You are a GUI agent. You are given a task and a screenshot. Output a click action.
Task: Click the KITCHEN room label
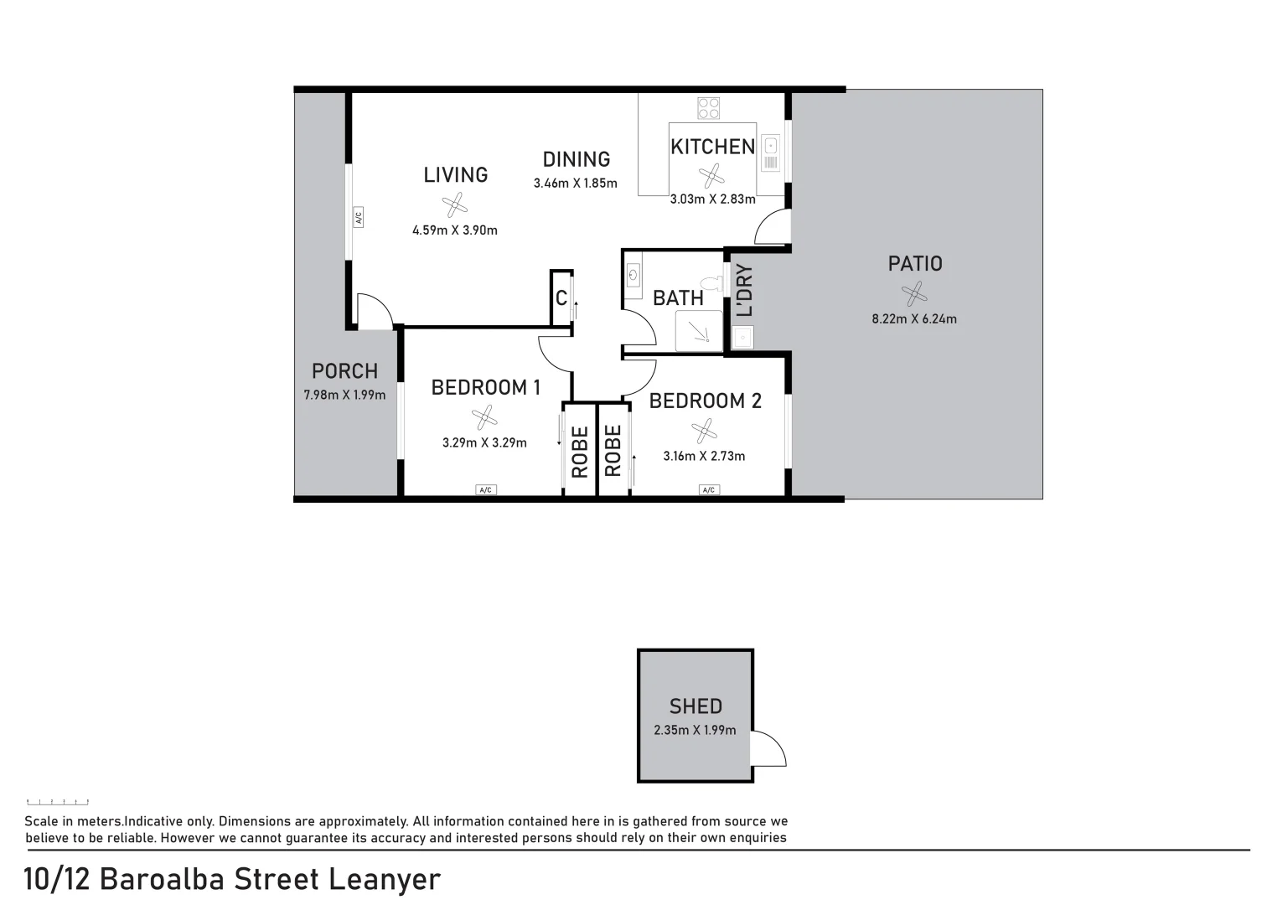coord(712,147)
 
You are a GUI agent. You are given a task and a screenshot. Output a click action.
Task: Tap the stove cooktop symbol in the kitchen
coord(708,108)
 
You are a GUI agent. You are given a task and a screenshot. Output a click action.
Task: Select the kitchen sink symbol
coord(770,153)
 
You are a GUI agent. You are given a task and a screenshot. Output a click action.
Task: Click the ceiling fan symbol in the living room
coord(454,204)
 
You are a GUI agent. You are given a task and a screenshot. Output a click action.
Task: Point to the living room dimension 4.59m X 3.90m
coord(454,230)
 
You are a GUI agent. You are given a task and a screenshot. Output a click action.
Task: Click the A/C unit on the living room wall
coord(358,217)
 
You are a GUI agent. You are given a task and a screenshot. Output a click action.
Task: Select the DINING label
coord(576,159)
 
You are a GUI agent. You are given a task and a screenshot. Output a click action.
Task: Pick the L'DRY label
coord(744,291)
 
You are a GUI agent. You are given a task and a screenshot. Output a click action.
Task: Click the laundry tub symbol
coord(742,338)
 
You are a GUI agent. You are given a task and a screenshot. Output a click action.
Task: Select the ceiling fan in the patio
coord(914,293)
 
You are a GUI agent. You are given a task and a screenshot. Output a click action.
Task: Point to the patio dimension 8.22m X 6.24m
coord(914,318)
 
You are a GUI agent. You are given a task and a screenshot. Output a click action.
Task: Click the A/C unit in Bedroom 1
coord(485,489)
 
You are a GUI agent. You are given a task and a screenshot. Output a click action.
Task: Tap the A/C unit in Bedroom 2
coord(709,489)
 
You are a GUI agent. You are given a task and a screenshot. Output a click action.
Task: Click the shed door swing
coord(768,748)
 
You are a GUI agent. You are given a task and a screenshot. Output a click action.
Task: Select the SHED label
coord(696,706)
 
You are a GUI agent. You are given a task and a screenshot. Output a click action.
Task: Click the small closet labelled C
coord(561,297)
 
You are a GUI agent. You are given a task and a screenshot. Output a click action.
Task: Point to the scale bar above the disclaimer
coord(58,803)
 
